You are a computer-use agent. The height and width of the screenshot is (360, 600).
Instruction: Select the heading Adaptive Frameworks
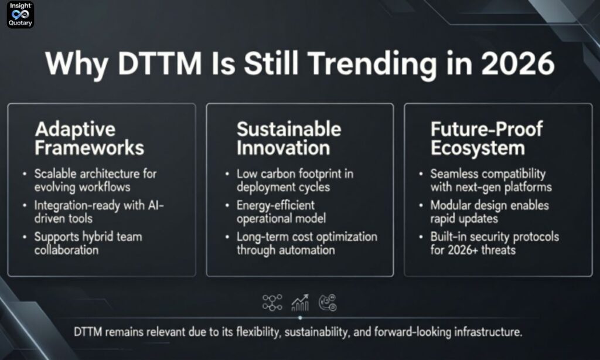pyautogui.click(x=89, y=138)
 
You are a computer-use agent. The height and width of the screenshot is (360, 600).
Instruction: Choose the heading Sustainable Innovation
pyautogui.click(x=288, y=138)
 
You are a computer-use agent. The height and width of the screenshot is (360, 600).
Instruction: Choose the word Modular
pyautogui.click(x=451, y=205)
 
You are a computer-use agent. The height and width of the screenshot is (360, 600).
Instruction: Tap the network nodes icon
pyautogui.click(x=272, y=302)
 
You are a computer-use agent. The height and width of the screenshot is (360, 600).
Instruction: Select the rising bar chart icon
pyautogui.click(x=300, y=302)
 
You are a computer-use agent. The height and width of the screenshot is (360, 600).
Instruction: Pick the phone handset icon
pyautogui.click(x=327, y=302)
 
